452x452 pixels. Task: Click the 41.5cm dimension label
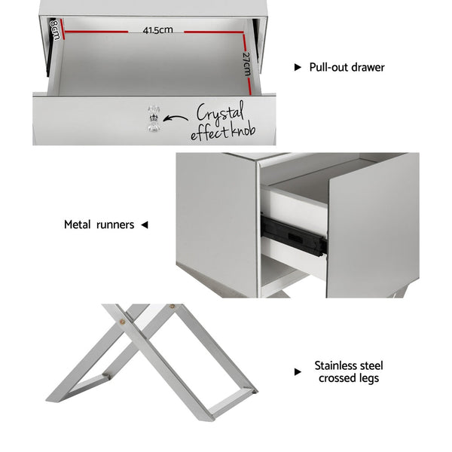click(157, 30)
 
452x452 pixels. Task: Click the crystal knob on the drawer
click(153, 118)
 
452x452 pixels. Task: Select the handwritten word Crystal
click(220, 114)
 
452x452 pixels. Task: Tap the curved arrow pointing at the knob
click(176, 118)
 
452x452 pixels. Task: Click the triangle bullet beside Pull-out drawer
click(298, 67)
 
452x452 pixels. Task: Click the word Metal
click(78, 224)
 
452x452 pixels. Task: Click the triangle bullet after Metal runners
click(145, 224)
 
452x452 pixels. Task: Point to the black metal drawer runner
click(294, 235)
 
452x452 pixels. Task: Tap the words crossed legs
click(348, 378)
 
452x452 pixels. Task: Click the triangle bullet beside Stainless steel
click(298, 371)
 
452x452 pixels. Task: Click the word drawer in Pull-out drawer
click(368, 67)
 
